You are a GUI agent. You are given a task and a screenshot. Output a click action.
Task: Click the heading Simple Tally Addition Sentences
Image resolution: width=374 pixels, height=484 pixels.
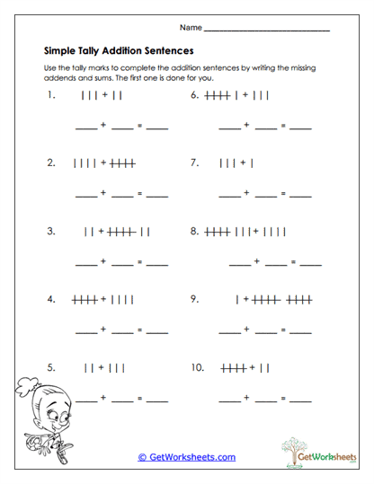point(119,51)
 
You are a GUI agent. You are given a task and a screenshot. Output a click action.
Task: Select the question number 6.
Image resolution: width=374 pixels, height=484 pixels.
point(194,93)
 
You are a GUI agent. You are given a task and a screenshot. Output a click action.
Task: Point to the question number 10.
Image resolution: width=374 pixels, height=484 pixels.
point(198,367)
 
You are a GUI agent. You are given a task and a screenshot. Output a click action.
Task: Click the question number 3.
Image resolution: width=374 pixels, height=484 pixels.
point(52,231)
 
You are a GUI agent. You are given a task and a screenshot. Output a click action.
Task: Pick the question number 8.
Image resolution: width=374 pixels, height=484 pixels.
point(194,231)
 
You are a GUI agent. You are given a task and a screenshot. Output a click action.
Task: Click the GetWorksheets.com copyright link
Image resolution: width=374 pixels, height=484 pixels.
point(186,457)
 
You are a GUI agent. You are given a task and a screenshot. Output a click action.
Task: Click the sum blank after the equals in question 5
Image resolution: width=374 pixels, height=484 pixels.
point(156,400)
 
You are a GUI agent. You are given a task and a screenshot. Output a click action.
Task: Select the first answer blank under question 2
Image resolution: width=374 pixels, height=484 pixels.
point(85,194)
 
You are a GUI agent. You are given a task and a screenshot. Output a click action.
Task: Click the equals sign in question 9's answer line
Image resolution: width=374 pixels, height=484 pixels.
point(282,330)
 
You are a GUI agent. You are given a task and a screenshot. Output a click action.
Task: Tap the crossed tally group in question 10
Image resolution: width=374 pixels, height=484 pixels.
point(233,367)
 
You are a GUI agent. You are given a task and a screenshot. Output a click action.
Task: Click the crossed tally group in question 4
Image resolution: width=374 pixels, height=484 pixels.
point(85,299)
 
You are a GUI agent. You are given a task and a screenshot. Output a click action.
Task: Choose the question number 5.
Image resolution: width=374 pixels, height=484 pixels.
point(52,367)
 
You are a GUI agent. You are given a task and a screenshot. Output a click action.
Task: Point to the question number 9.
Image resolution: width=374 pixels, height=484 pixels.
point(194,299)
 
